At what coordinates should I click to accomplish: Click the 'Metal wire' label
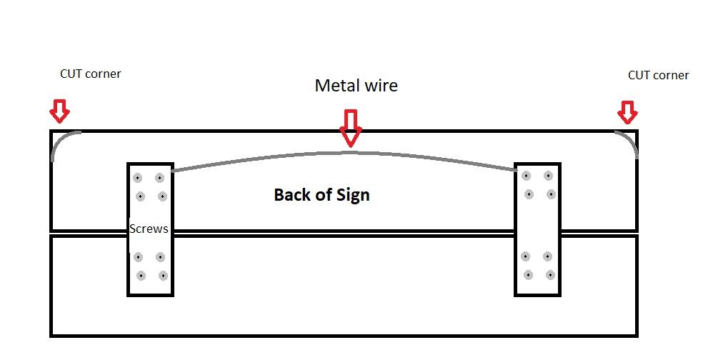pyautogui.click(x=356, y=86)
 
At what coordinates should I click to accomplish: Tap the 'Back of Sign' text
pyautogui.click(x=321, y=194)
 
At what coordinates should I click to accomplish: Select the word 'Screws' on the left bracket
pyautogui.click(x=149, y=229)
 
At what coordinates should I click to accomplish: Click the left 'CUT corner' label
pyautogui.click(x=91, y=74)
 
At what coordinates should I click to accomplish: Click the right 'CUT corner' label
pyautogui.click(x=658, y=75)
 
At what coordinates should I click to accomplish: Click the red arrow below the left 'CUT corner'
pyautogui.click(x=59, y=111)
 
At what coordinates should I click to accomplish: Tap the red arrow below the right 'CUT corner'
pyautogui.click(x=627, y=112)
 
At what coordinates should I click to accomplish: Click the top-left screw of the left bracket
pyautogui.click(x=137, y=178)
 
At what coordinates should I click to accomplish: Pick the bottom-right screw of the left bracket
pyautogui.click(x=163, y=276)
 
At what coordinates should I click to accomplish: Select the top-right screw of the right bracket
pyautogui.click(x=548, y=176)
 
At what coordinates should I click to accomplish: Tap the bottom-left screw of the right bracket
pyautogui.click(x=528, y=275)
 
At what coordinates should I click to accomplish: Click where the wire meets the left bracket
pyautogui.click(x=174, y=171)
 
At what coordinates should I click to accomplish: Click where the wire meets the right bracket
pyautogui.click(x=515, y=170)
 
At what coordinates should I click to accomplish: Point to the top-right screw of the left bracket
pyautogui.click(x=159, y=178)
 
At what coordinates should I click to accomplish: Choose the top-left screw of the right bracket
pyautogui.click(x=526, y=176)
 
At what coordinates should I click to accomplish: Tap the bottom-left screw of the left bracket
pyautogui.click(x=141, y=276)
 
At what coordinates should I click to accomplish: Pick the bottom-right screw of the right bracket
pyautogui.click(x=550, y=275)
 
